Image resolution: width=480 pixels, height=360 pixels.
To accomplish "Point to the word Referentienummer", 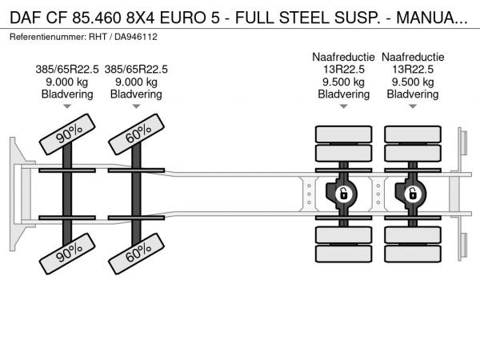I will tap(46, 37).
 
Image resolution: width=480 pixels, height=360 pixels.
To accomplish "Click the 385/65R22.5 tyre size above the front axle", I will tap(67, 69).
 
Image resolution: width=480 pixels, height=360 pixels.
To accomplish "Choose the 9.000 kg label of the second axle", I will tap(136, 82).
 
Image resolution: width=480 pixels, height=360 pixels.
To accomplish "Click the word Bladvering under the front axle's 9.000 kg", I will tap(67, 94).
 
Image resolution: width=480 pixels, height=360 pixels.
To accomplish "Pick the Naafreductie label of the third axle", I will tap(344, 57).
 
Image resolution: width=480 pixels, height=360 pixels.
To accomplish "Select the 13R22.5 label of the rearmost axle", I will tap(413, 69).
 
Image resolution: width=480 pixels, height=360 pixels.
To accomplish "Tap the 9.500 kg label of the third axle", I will tap(344, 82).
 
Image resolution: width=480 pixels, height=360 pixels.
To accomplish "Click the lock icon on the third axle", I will tap(343, 194).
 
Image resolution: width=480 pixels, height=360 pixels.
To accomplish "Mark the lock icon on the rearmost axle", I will tap(413, 194).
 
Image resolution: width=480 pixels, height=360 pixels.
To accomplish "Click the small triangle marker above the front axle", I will tap(67, 106).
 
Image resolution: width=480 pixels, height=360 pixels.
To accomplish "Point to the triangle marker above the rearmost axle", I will tap(413, 106).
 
